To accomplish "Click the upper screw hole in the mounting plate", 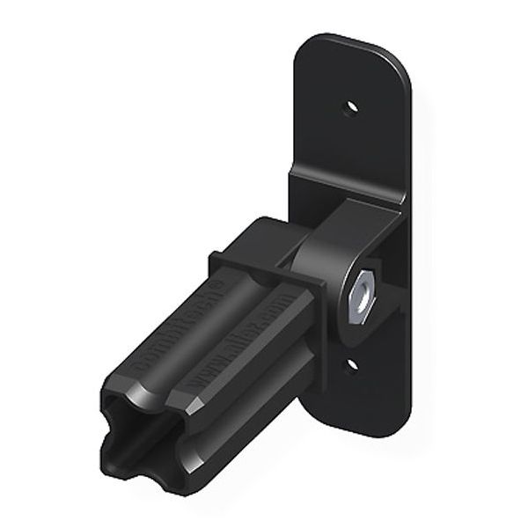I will (x=351, y=106).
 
